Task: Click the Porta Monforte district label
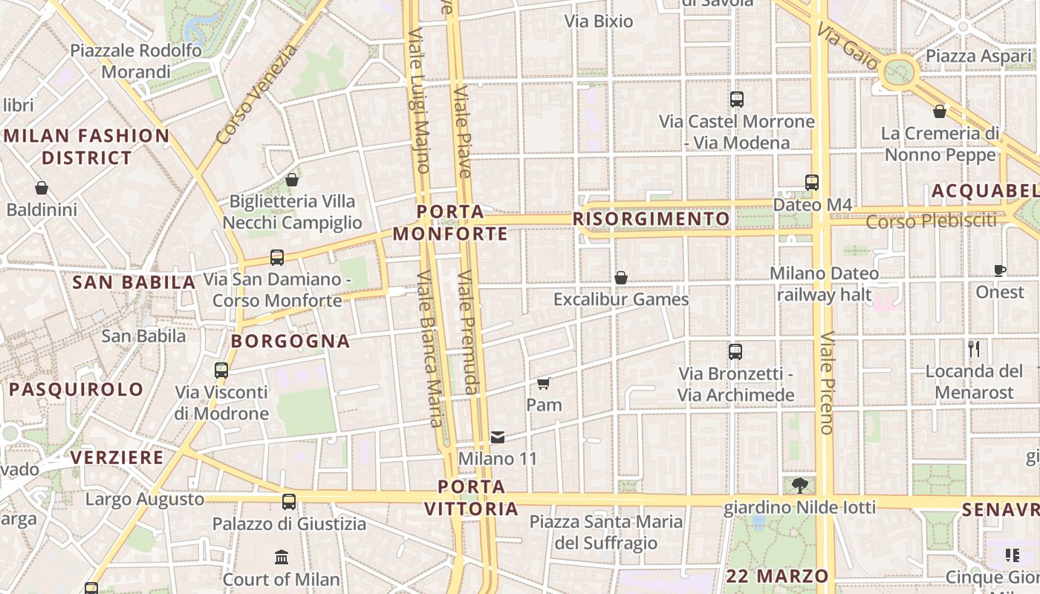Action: click(450, 223)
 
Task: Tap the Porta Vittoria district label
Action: click(471, 497)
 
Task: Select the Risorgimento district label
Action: click(651, 219)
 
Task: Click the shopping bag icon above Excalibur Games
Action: click(621, 278)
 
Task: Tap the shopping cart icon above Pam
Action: click(543, 383)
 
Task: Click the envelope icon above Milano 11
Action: click(497, 437)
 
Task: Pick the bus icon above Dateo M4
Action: click(811, 182)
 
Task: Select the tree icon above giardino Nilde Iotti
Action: click(799, 486)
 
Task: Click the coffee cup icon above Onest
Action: click(1000, 270)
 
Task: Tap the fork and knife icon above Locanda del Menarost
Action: click(974, 348)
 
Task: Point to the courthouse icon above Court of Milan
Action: click(282, 557)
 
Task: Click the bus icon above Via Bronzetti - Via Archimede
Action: click(735, 352)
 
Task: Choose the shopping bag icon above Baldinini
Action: click(42, 188)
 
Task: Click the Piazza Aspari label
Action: click(978, 56)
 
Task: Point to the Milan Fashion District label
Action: click(87, 146)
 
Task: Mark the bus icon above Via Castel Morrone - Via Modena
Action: click(736, 99)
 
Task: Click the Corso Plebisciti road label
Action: click(931, 221)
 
